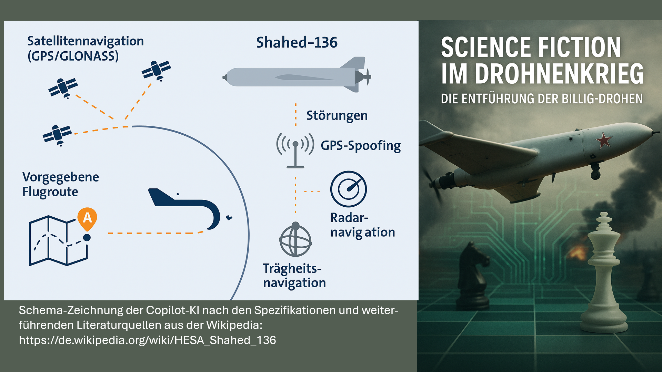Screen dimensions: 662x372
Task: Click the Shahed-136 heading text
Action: coord(297,43)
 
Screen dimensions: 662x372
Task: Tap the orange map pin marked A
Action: coord(87,219)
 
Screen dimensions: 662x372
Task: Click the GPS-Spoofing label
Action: coord(361,146)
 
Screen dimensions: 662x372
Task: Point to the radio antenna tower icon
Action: coord(295,150)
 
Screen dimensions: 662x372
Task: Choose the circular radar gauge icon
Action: coord(349,189)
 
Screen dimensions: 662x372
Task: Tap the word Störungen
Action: coord(337,116)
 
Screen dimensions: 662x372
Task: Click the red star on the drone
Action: coord(604,140)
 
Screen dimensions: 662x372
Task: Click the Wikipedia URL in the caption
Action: coord(148,340)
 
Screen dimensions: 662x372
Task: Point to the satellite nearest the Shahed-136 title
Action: coord(157,70)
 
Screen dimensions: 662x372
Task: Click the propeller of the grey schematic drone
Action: coord(368,76)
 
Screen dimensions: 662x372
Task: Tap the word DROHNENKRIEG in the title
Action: coord(559,74)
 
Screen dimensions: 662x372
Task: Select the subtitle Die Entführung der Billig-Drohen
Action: coord(542,99)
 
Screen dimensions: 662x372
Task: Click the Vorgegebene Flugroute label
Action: coord(61,184)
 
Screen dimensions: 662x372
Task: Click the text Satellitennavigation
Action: coord(86,41)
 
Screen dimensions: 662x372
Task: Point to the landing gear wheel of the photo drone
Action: coord(595,175)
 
